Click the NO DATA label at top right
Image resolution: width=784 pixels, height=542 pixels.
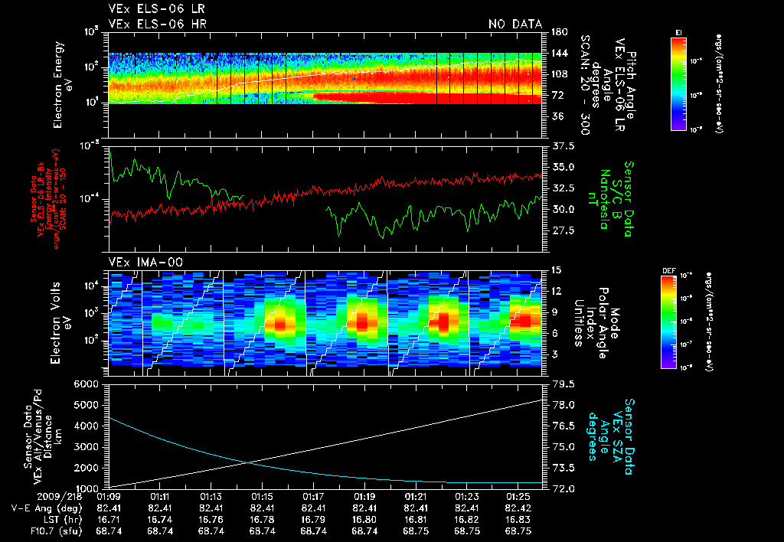coord(515,24)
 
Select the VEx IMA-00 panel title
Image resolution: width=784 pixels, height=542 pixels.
coord(139,262)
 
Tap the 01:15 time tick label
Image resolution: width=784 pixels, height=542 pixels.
coord(262,496)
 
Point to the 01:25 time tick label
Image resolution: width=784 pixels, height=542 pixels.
coord(518,496)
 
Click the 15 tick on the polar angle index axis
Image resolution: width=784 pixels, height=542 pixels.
coord(556,270)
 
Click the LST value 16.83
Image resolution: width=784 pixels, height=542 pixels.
coord(518,519)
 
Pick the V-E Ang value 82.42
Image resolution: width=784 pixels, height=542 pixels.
coord(518,508)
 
